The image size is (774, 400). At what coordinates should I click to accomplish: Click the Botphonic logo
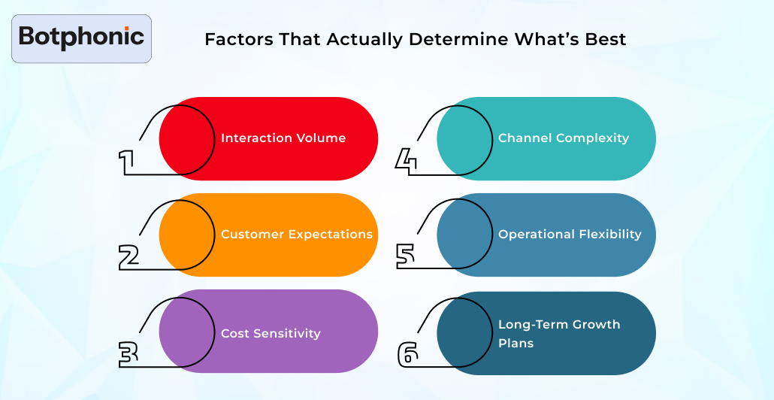coord(81,37)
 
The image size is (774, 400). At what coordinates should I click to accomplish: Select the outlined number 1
coord(127,161)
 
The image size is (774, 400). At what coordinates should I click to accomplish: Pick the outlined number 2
coord(129,256)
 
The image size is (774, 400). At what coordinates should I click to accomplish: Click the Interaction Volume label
coord(283,138)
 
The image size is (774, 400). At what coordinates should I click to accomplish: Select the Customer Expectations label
coord(297,235)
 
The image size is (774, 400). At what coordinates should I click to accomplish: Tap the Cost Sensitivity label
coord(271,334)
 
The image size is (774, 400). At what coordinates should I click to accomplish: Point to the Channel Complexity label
coord(564,138)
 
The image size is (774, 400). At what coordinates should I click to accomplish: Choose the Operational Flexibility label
coord(570,235)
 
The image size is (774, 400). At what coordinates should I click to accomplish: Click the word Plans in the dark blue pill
coord(515,344)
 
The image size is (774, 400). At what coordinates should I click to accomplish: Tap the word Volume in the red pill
coord(321,138)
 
